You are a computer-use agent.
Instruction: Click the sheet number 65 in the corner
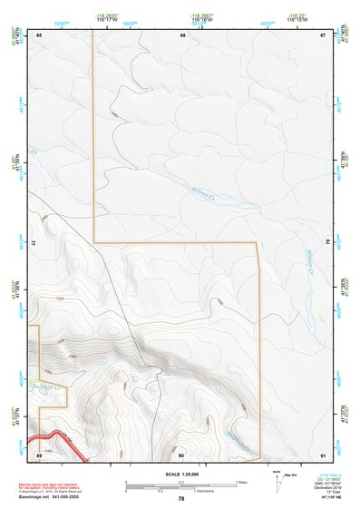click(39, 35)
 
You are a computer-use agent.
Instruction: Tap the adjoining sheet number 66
click(182, 35)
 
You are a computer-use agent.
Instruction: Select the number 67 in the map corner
click(323, 35)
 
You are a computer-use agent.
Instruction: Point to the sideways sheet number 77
click(34, 245)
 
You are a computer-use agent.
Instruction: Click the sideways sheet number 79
click(327, 245)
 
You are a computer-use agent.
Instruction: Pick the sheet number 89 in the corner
click(39, 454)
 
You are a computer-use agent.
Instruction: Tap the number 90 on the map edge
click(181, 454)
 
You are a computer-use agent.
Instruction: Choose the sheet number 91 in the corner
click(323, 454)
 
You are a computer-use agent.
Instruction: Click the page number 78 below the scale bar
click(181, 499)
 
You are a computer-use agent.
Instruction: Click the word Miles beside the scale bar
click(242, 482)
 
